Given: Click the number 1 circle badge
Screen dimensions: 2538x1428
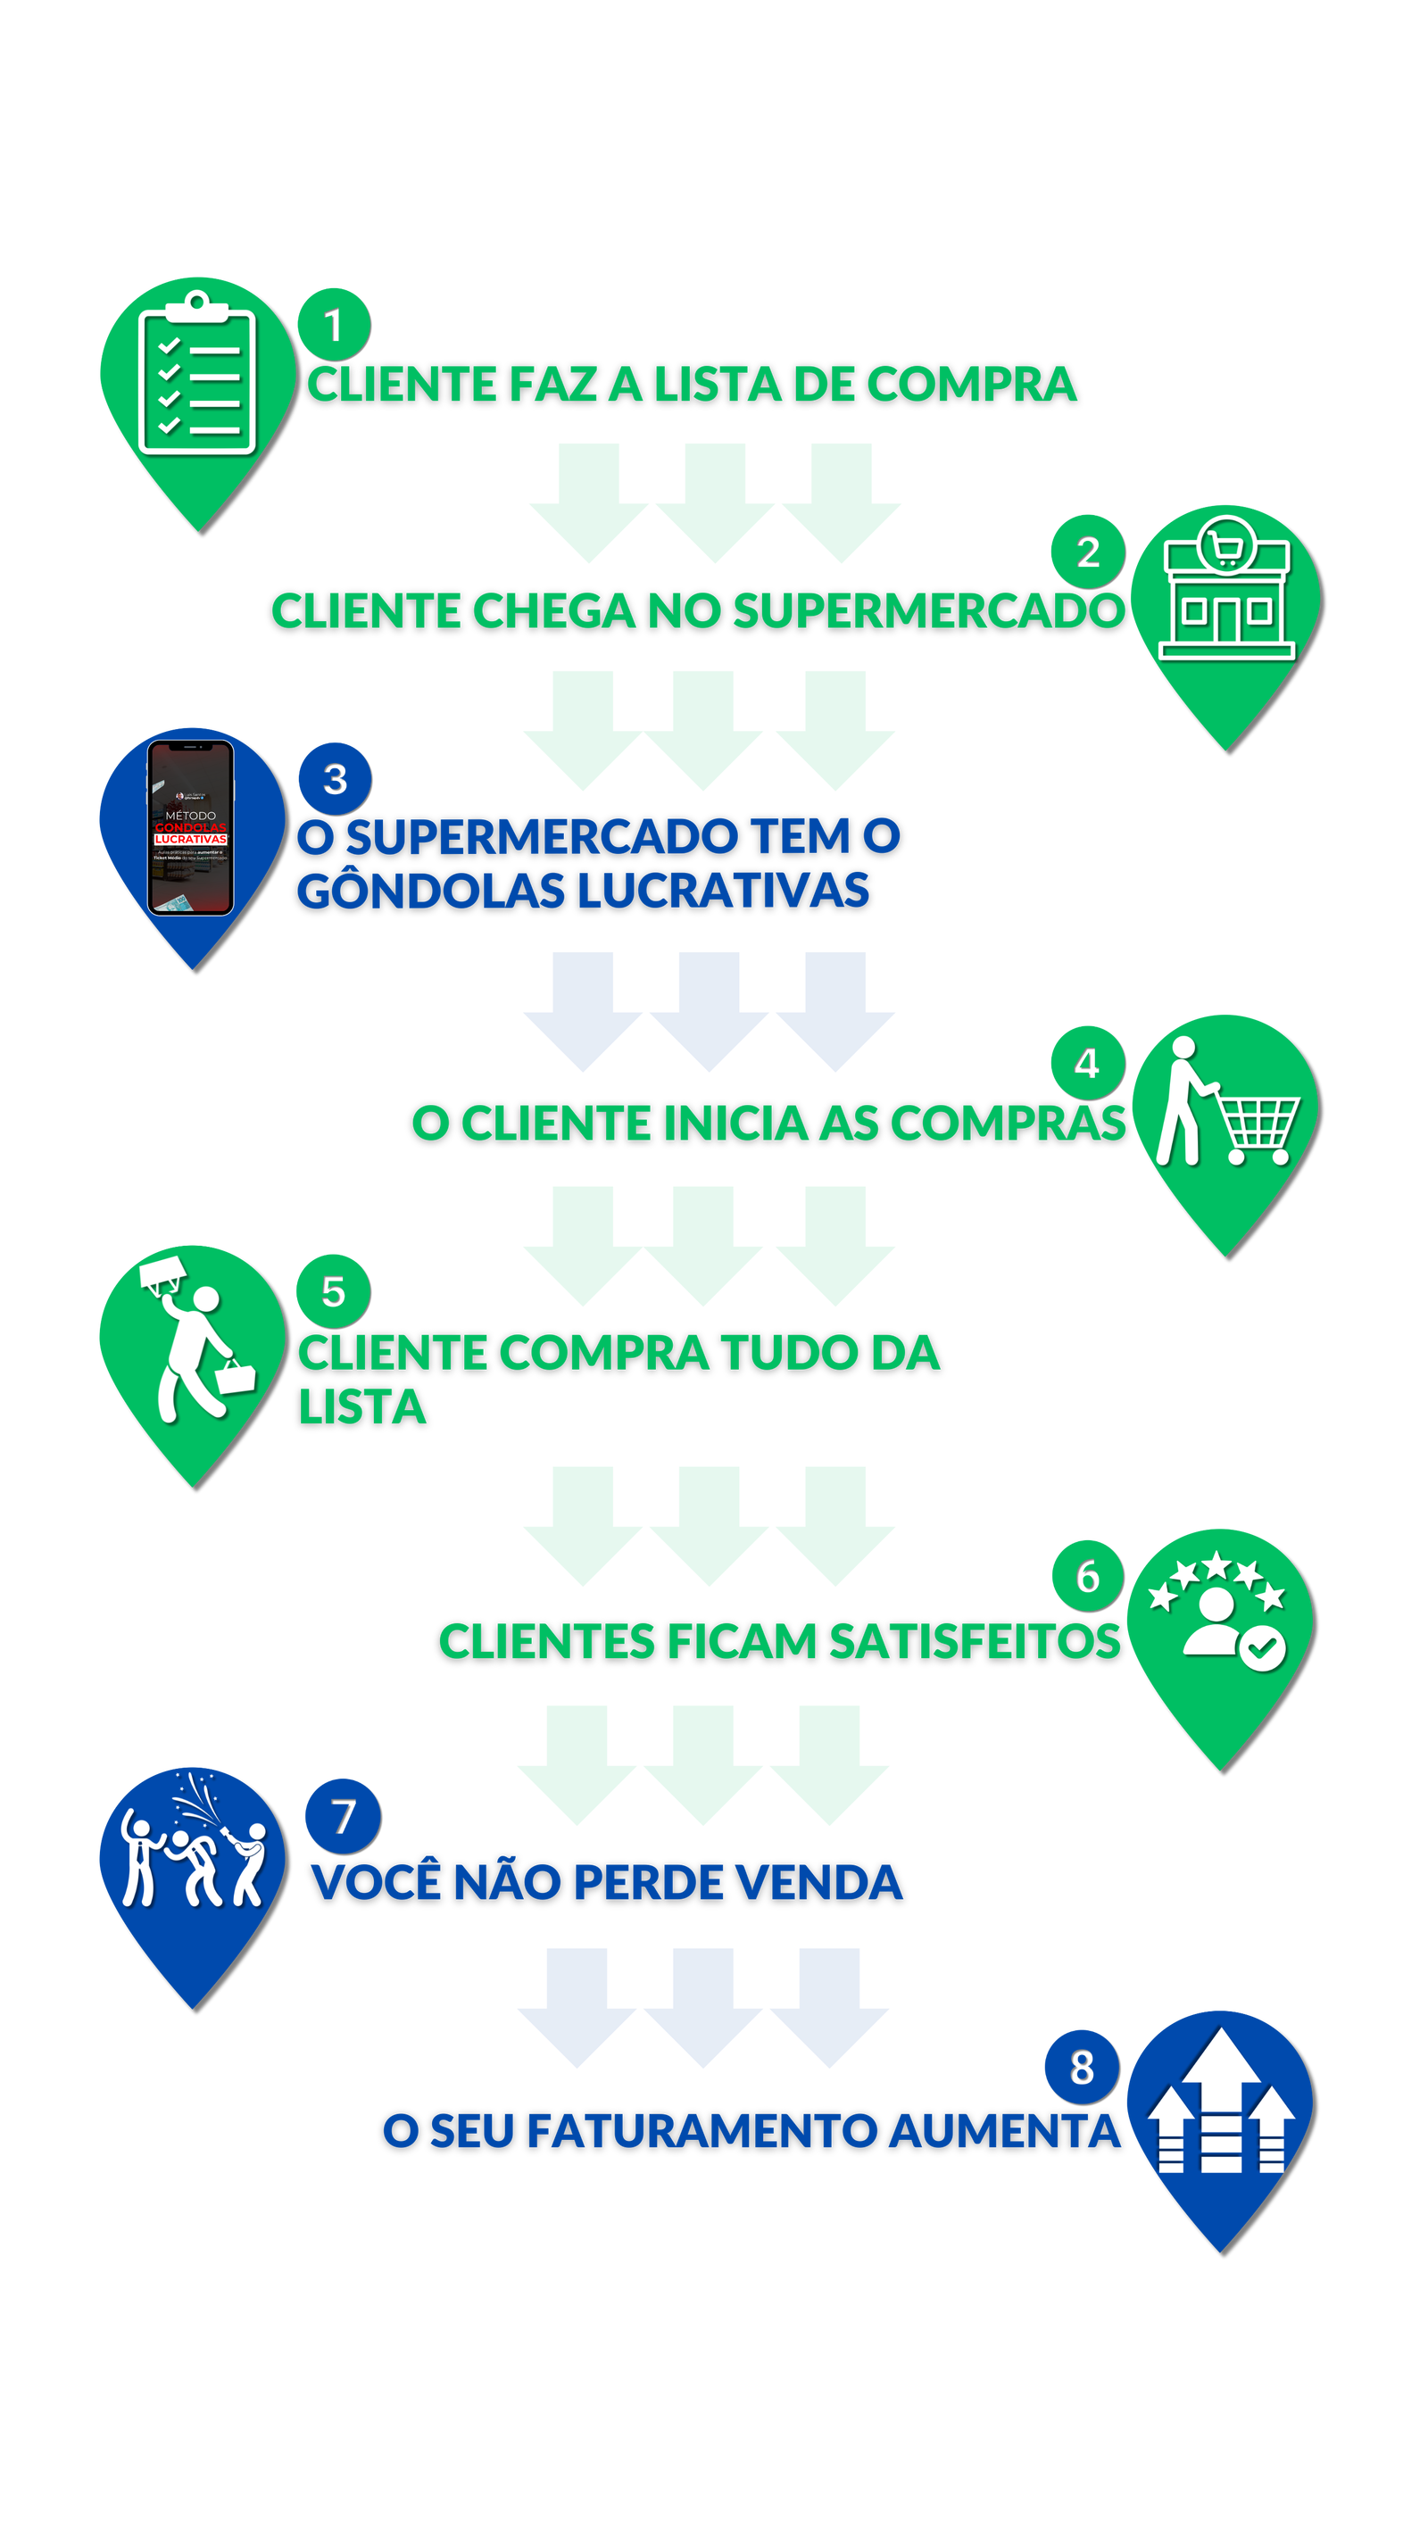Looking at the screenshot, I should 332,323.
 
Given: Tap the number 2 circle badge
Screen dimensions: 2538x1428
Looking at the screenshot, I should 1086,551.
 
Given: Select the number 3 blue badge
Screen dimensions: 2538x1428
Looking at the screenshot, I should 334,777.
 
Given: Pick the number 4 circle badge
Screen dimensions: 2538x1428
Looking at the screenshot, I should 1086,1062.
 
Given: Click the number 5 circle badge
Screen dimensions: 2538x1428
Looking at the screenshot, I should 332,1290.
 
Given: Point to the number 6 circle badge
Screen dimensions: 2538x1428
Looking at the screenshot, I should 1086,1574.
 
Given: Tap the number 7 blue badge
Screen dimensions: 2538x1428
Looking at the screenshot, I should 341,1815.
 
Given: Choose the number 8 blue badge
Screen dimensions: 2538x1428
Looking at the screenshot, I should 1080,2065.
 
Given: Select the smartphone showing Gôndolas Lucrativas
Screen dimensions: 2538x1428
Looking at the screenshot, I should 190,827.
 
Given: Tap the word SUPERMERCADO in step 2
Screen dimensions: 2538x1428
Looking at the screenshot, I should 927,611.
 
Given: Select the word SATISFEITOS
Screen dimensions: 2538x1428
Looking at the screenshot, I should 974,1641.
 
